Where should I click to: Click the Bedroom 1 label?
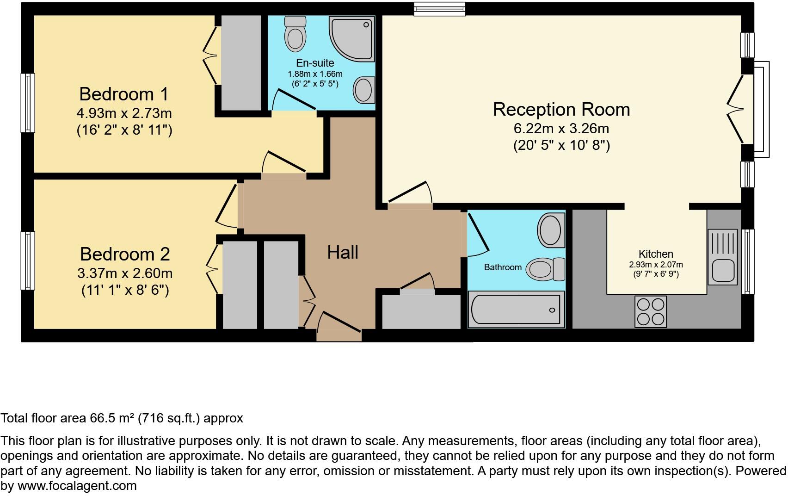pos(124,94)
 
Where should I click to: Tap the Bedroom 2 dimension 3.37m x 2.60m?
pos(125,273)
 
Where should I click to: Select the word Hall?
pos(343,253)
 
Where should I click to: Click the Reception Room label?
pos(561,110)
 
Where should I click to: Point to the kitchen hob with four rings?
pos(651,311)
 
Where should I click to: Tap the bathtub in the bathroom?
pos(516,309)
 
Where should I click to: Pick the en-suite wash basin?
pos(364,89)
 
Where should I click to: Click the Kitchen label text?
pos(656,254)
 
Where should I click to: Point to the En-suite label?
pos(315,63)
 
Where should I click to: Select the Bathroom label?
pos(503,267)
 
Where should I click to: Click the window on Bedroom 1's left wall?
pos(28,103)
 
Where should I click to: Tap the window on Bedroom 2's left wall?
pos(28,260)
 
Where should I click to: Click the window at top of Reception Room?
pos(439,9)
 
